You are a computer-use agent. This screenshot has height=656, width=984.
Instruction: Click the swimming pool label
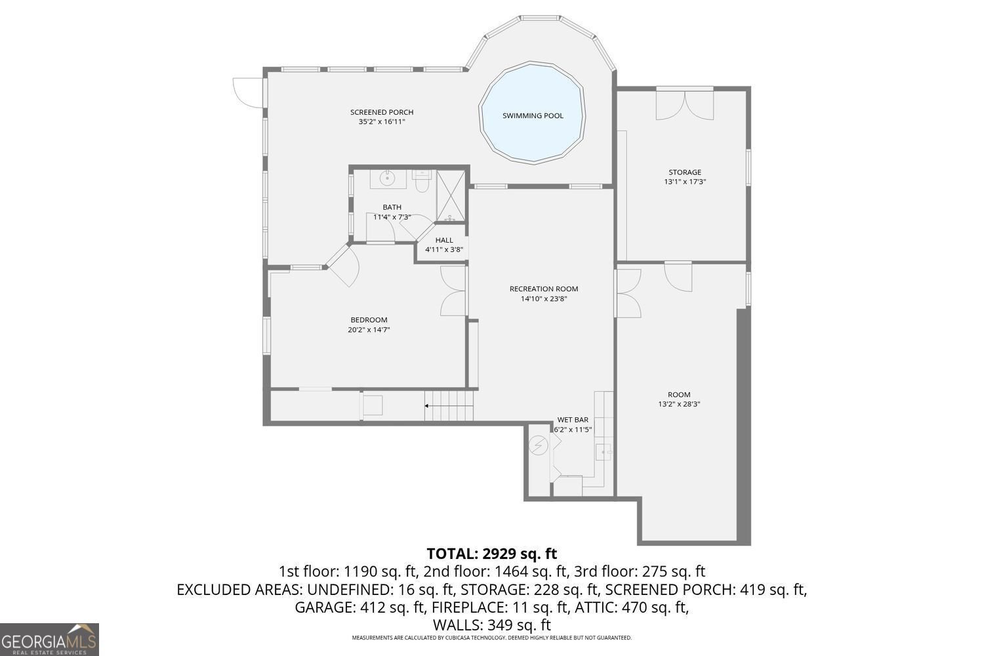533,116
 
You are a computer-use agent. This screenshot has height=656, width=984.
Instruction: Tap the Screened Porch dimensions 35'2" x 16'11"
382,122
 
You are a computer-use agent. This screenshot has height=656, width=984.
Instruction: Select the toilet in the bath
421,182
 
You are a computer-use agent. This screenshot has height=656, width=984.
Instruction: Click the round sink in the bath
388,178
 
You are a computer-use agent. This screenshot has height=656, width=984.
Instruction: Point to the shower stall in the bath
451,195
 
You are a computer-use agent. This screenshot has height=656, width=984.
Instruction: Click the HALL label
444,240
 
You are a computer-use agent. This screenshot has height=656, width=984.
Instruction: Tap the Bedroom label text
369,320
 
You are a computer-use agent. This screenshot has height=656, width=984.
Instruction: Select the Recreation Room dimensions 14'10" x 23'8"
544,299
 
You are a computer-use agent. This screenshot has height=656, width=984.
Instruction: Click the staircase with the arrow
449,406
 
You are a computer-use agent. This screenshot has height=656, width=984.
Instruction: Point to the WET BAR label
573,420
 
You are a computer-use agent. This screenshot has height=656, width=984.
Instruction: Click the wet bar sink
604,451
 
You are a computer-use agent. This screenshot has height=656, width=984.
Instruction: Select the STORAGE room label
685,173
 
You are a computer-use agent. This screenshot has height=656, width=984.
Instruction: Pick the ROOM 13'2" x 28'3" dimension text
679,405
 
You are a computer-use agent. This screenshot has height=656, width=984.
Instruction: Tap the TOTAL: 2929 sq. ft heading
491,554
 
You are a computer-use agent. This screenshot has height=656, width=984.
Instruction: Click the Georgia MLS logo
49,639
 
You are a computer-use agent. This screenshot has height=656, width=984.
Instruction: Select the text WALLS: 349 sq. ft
491,625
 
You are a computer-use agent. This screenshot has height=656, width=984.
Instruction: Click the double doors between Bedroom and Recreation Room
454,292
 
